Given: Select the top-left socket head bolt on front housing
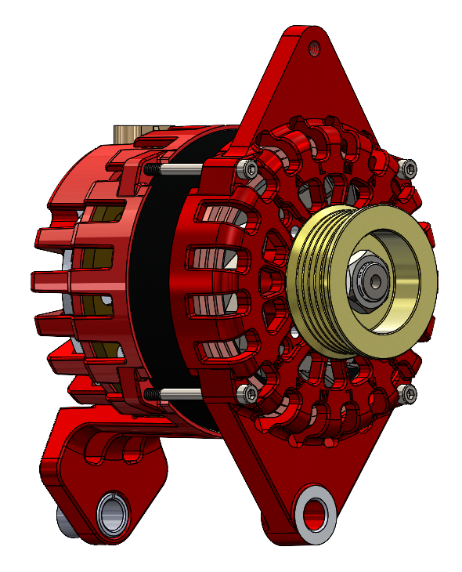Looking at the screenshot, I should coord(249,168).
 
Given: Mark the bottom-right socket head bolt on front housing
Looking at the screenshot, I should coord(408,393).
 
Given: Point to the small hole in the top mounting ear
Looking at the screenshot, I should coord(314,48).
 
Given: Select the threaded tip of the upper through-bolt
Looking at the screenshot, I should coord(150,168).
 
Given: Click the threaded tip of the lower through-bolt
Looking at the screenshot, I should coord(150,392).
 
